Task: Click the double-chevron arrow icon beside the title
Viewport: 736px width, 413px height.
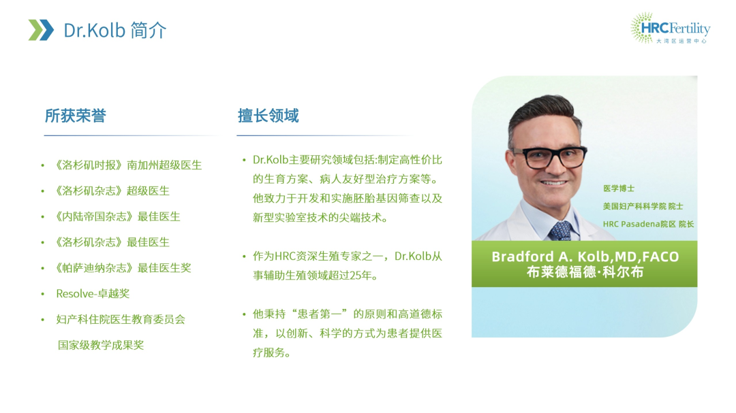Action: point(41,30)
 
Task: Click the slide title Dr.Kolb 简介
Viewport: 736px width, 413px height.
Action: point(115,31)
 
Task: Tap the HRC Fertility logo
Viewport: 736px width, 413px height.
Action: point(670,28)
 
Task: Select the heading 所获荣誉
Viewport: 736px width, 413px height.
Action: point(75,116)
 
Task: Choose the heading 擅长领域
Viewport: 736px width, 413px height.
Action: point(268,116)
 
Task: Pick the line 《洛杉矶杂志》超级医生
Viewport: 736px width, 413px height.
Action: point(112,191)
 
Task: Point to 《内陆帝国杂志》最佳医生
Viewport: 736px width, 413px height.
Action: point(118,216)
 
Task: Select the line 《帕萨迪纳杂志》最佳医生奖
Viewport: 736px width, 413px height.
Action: point(123,268)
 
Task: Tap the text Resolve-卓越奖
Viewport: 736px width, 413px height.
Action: point(93,294)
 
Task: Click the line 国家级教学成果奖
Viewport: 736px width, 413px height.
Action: point(100,346)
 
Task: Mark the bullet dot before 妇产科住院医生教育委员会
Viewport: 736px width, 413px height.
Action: point(43,320)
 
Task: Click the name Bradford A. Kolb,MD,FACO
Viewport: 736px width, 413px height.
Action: point(585,257)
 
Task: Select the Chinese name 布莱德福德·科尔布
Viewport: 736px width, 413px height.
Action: point(585,272)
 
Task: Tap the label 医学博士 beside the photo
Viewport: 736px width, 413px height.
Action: point(619,188)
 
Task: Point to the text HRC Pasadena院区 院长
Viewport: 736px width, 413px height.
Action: point(648,224)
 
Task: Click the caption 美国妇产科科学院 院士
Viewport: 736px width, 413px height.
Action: point(643,206)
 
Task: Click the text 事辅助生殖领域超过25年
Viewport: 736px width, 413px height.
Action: point(316,276)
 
